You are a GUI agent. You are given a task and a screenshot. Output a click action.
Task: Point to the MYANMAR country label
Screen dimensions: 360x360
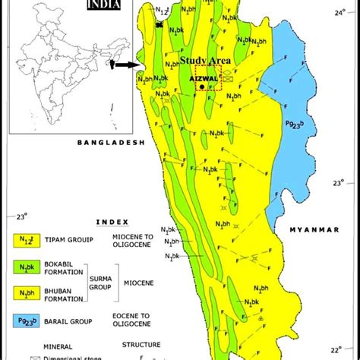point(311,228)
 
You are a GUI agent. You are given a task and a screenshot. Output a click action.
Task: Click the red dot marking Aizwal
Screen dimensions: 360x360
point(201,87)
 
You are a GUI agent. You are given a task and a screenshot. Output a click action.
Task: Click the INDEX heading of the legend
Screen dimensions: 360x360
point(112,222)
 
